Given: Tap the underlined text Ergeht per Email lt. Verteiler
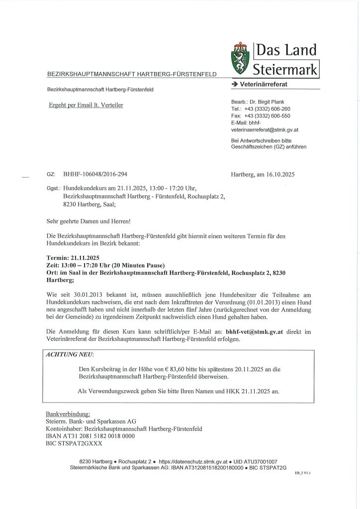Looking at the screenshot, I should coord(86,105).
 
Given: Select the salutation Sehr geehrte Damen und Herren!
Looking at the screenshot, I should coord(89,221).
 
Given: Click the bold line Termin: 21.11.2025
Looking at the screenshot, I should coord(73,257).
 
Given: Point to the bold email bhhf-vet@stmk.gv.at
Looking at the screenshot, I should coord(254,332).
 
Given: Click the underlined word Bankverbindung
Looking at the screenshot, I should coord(68,414).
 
